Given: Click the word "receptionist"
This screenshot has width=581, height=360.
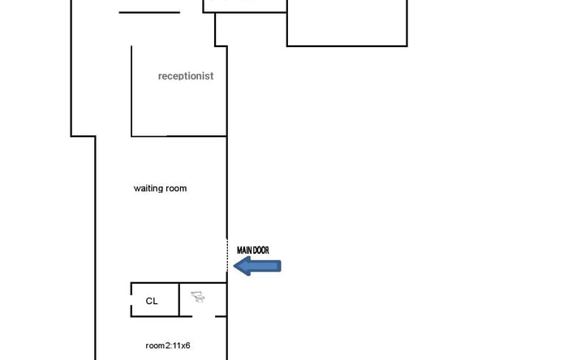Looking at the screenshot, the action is tap(186, 76).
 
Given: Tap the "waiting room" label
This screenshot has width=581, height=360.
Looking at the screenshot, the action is tap(160, 189).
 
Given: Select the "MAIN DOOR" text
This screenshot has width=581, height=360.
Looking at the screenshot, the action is tap(253, 251).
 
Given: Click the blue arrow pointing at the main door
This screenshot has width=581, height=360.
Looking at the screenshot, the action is tap(257, 266).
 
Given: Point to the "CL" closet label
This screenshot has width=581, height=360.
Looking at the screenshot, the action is tap(152, 301).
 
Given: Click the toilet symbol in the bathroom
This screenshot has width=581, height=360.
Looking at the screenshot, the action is tap(198, 297).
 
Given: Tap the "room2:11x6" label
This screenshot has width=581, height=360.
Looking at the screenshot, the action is tap(168, 345).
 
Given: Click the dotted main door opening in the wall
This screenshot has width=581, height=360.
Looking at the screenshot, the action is tap(227, 255).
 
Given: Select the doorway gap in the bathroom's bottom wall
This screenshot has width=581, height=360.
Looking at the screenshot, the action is tap(204, 317).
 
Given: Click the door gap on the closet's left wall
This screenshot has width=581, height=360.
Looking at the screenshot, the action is tap(131, 300).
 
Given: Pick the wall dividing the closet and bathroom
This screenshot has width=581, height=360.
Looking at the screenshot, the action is tap(179, 300).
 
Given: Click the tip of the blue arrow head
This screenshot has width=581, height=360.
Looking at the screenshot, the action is tap(234, 266).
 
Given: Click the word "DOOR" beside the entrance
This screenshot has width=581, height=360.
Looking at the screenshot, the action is tap(260, 251).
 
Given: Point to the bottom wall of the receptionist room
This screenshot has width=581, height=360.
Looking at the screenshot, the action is tap(179, 136).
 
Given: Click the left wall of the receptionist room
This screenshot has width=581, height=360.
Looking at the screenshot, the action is tap(131, 91).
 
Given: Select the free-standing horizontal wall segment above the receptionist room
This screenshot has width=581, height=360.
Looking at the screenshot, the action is tap(149, 13).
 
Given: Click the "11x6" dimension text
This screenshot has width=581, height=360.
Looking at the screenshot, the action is tap(182, 345).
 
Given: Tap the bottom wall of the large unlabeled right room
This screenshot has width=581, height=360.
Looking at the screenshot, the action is tap(347, 46).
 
